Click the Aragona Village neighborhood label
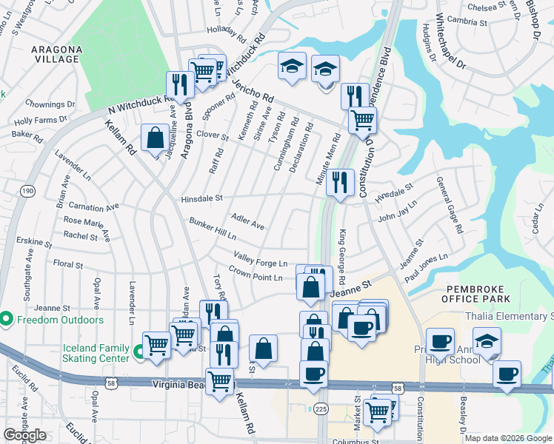(56, 53)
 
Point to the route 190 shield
(27, 191)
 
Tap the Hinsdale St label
(201, 198)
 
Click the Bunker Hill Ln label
(212, 228)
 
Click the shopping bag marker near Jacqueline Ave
(155, 138)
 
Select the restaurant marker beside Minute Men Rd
(340, 181)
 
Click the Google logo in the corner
(24, 435)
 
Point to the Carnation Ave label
(93, 208)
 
